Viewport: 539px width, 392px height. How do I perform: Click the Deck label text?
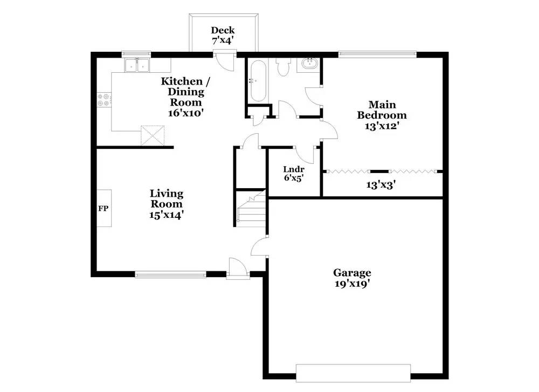[223, 35]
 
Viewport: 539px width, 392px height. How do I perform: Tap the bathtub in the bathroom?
[257, 81]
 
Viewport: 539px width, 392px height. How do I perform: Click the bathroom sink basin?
[309, 64]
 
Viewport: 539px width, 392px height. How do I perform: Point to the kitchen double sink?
[137, 66]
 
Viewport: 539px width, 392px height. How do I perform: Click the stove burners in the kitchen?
[103, 100]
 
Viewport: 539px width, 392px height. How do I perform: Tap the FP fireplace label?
[103, 208]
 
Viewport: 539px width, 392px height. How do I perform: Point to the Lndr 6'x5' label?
[294, 173]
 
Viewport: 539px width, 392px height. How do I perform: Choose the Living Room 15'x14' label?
[166, 204]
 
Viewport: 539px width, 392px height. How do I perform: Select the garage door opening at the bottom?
[353, 373]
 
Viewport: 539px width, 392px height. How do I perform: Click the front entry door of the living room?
[236, 268]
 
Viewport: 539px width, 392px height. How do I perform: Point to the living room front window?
[170, 274]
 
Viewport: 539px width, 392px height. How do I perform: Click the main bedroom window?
[377, 53]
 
